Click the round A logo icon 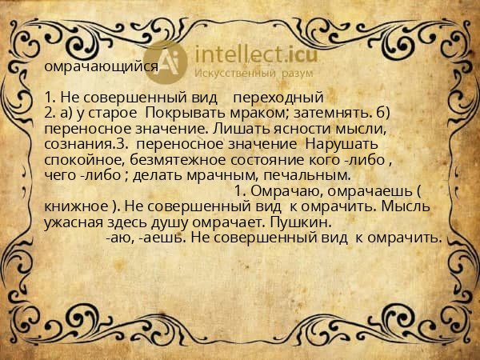pos(170,60)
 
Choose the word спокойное pos(78,159)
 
